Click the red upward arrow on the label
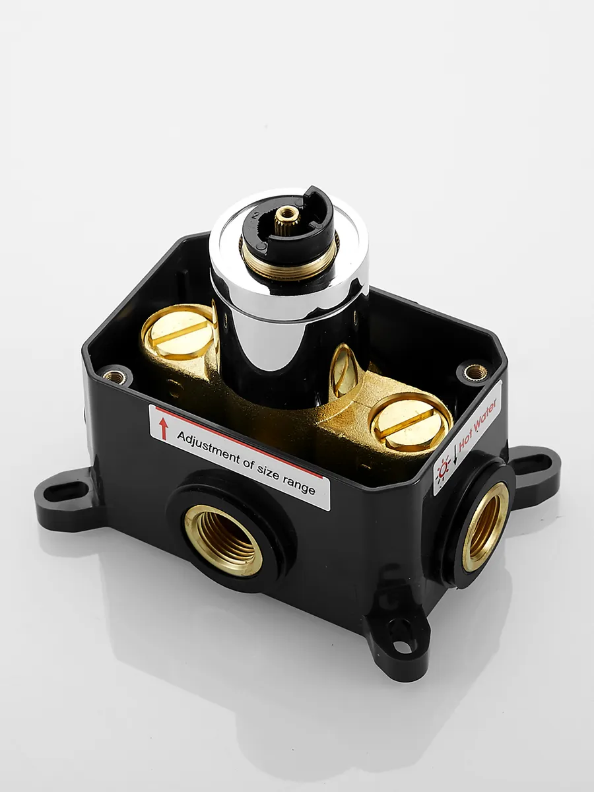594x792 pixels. pyautogui.click(x=164, y=428)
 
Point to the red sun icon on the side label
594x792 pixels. pyautogui.click(x=444, y=469)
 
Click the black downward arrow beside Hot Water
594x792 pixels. pyautogui.click(x=455, y=453)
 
